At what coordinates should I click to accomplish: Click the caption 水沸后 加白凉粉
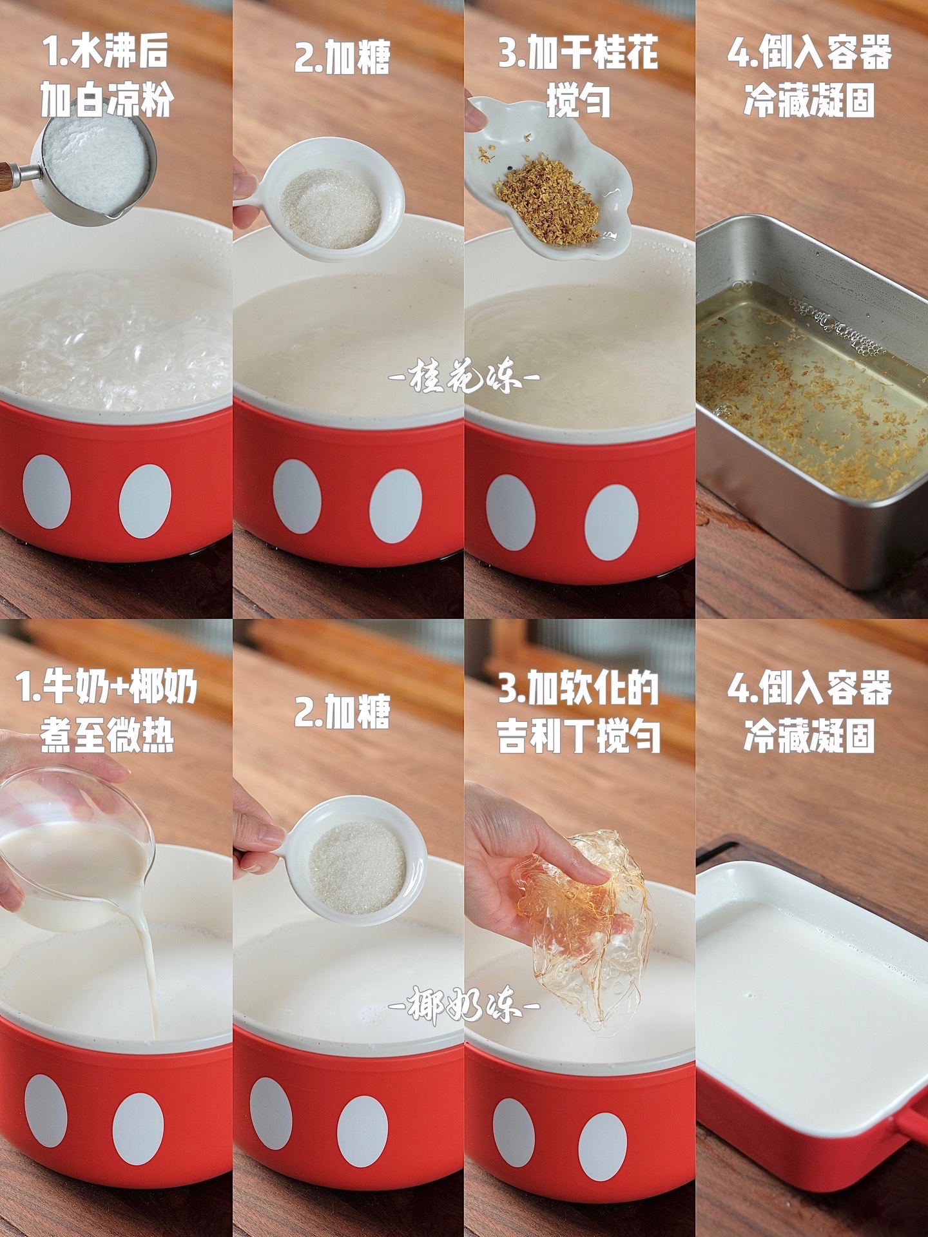[106, 76]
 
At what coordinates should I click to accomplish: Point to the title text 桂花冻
[464, 376]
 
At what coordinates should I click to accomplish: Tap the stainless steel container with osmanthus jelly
[812, 400]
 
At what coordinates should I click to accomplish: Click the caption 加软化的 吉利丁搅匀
[579, 712]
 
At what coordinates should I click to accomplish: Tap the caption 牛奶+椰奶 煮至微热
[106, 712]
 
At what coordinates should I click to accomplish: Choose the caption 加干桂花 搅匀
[579, 76]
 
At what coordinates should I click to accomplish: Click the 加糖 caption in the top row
[342, 57]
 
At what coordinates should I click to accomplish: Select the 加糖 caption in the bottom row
[342, 712]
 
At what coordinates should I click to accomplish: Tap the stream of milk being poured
[147, 967]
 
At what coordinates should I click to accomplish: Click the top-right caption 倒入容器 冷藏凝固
[809, 76]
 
